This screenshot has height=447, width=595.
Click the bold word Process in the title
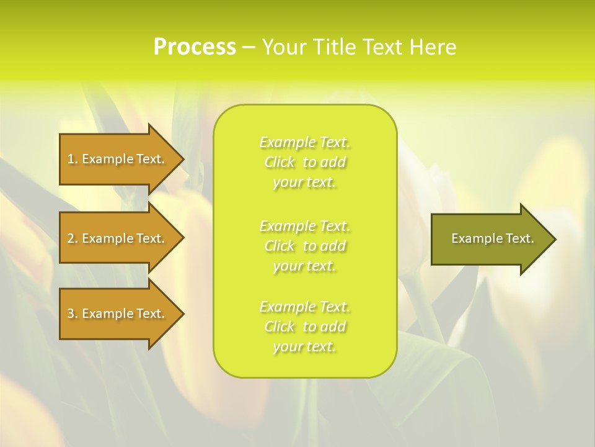point(195,47)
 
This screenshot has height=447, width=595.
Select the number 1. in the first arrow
point(73,159)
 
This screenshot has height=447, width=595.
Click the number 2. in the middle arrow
point(73,238)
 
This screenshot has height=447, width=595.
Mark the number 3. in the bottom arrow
point(73,314)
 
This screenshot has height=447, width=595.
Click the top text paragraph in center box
point(305,162)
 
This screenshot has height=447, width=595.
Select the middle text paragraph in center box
point(305,246)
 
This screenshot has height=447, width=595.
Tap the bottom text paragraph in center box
point(305,327)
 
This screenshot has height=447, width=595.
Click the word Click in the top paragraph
point(280,163)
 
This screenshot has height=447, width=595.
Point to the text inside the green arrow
point(493,238)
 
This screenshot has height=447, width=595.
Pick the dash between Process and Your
point(249,48)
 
